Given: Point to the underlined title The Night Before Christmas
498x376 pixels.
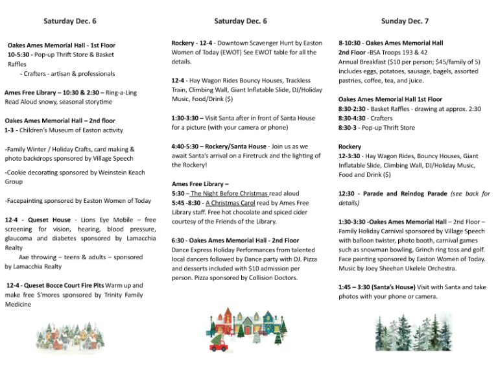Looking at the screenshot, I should pyautogui.click(x=229, y=194).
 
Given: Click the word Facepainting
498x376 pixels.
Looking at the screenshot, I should pyautogui.click(x=29, y=201).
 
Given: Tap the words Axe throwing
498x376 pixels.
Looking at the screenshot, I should pyautogui.click(x=38, y=257).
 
